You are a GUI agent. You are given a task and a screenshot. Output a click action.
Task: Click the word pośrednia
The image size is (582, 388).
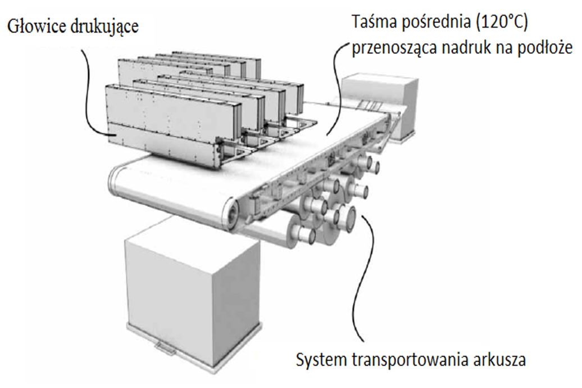433,23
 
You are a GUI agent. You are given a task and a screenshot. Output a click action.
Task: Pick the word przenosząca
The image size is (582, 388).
395,48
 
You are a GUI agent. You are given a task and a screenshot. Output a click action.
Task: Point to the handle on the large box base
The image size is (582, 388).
165,349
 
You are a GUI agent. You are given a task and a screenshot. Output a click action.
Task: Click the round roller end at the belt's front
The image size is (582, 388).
231,214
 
